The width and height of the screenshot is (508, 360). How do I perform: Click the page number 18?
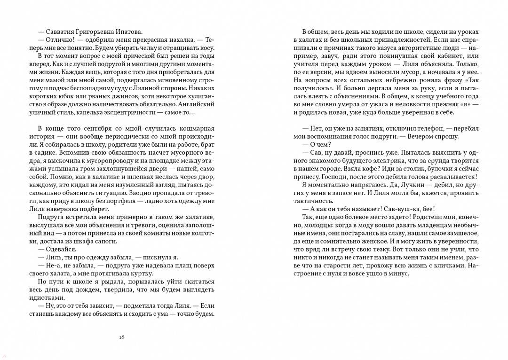pos(122,337)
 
